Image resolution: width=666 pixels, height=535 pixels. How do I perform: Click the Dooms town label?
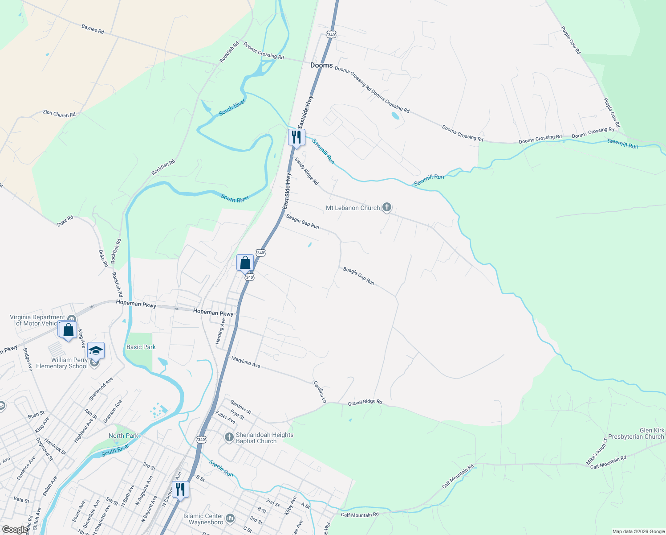321,65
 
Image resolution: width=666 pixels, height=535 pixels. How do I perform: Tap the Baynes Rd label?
93,29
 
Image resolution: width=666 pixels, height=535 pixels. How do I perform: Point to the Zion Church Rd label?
59,114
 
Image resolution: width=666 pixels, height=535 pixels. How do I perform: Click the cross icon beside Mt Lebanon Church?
387,207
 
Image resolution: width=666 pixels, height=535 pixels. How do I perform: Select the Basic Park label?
141,347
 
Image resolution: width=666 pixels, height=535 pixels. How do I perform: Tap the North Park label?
123,436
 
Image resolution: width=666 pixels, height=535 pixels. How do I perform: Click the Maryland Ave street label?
245,362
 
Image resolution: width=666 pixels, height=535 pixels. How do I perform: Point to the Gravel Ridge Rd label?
365,403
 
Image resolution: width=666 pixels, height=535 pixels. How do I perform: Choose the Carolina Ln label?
320,392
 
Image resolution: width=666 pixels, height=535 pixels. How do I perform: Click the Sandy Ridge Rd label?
307,171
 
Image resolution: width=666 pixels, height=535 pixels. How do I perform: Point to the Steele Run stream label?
221,469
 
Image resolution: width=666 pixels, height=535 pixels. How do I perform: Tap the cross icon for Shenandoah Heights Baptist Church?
229,437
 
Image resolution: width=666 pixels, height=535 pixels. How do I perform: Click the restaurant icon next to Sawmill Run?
296,137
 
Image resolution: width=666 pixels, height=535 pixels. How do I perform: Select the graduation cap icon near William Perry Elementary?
96,350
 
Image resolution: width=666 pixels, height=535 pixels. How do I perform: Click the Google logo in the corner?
15,530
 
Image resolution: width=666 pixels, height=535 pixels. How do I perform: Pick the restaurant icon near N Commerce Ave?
180,489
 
